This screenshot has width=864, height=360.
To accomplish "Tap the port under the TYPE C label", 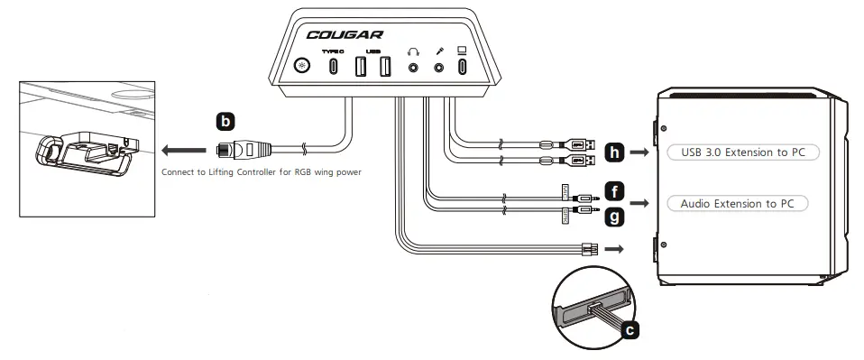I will pyautogui.click(x=334, y=67).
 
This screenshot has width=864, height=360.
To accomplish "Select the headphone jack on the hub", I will pyautogui.click(x=414, y=66).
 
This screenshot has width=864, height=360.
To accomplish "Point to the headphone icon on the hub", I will pyautogui.click(x=414, y=51).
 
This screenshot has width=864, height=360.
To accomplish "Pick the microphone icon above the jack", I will pyautogui.click(x=441, y=51).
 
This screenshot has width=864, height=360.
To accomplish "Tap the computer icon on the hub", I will pyautogui.click(x=463, y=51).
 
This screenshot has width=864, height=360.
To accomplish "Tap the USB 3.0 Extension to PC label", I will pyautogui.click(x=742, y=152).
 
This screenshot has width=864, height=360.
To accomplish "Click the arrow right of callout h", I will pyautogui.click(x=641, y=152).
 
